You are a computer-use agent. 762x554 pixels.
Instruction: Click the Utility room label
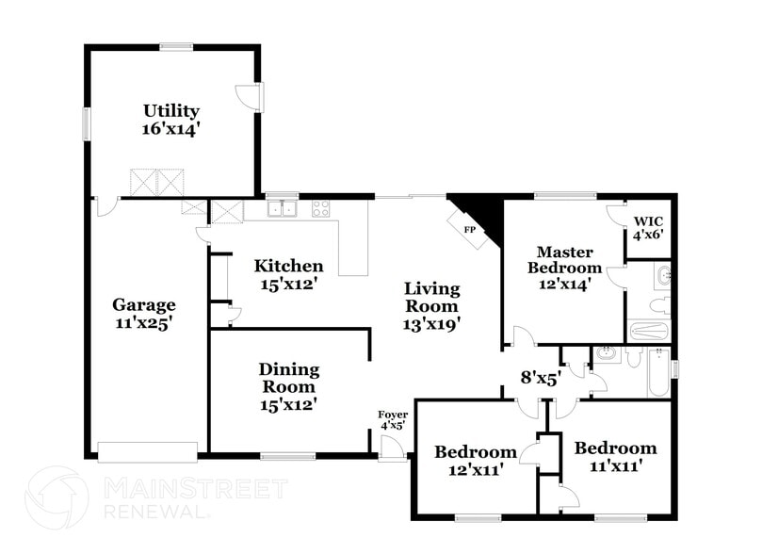coord(171,120)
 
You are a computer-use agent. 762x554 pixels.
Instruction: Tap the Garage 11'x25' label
coord(144,313)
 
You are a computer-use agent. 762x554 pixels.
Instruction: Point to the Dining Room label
coord(289,386)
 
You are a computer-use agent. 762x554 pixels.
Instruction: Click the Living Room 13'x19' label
coord(432,306)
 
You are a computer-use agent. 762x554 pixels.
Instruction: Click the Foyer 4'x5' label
coord(392,419)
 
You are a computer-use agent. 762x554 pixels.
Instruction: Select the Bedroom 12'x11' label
coord(475,460)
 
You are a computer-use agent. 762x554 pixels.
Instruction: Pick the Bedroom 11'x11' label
coord(615,456)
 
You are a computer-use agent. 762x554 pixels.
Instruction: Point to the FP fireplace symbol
coord(469,228)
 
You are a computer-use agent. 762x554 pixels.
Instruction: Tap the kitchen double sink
coord(282,208)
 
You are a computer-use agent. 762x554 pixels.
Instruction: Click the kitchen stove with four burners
coord(321,208)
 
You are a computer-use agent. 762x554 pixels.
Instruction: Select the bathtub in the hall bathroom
coord(657,377)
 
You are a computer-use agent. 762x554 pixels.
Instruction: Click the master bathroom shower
coord(649,331)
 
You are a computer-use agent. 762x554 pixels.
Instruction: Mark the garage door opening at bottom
coord(148,452)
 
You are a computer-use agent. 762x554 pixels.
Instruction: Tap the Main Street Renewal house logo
coord(57,497)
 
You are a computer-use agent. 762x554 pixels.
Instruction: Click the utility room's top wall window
coord(176,46)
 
